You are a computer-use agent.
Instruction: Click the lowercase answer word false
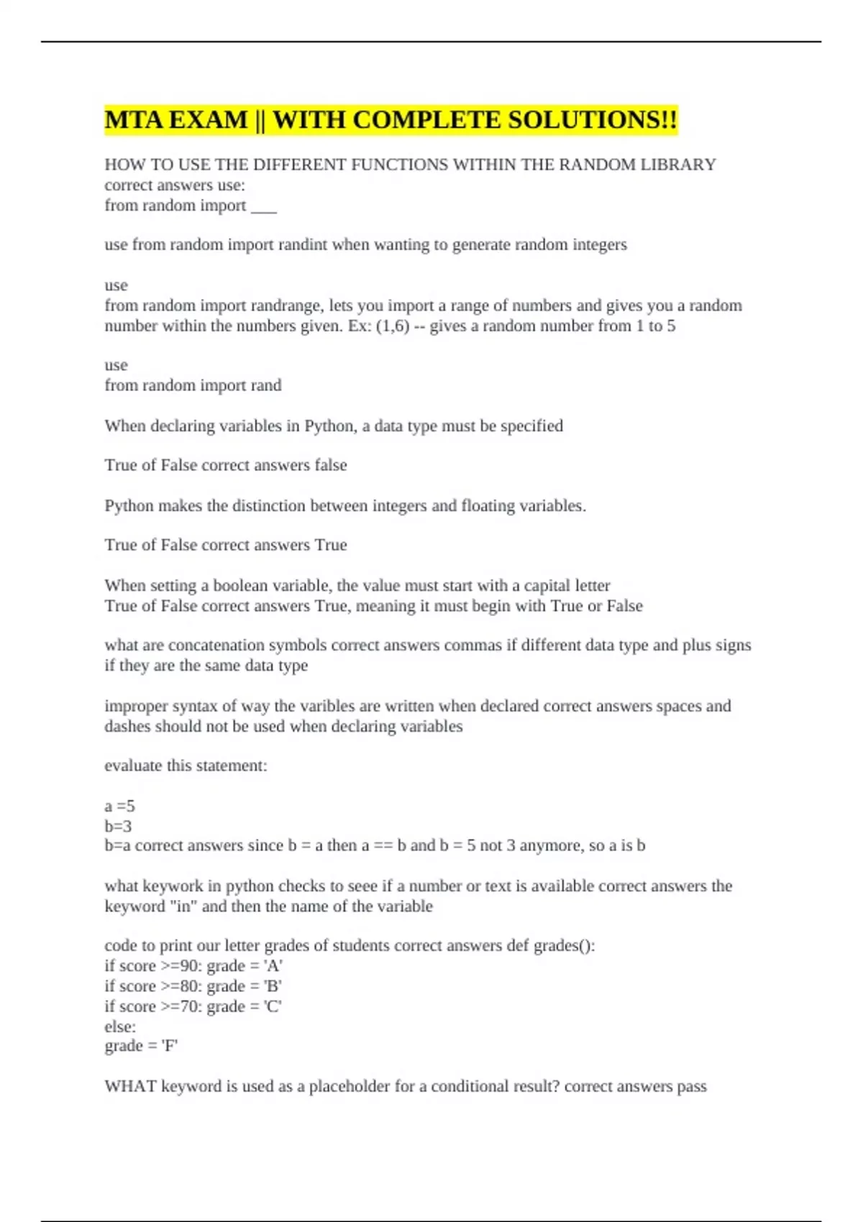pyautogui.click(x=330, y=465)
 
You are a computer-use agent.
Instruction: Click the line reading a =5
pyautogui.click(x=119, y=806)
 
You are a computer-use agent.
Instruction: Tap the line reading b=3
pyautogui.click(x=118, y=826)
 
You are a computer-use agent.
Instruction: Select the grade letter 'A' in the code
pyautogui.click(x=273, y=965)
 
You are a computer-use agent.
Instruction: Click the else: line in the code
pyautogui.click(x=120, y=1026)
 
